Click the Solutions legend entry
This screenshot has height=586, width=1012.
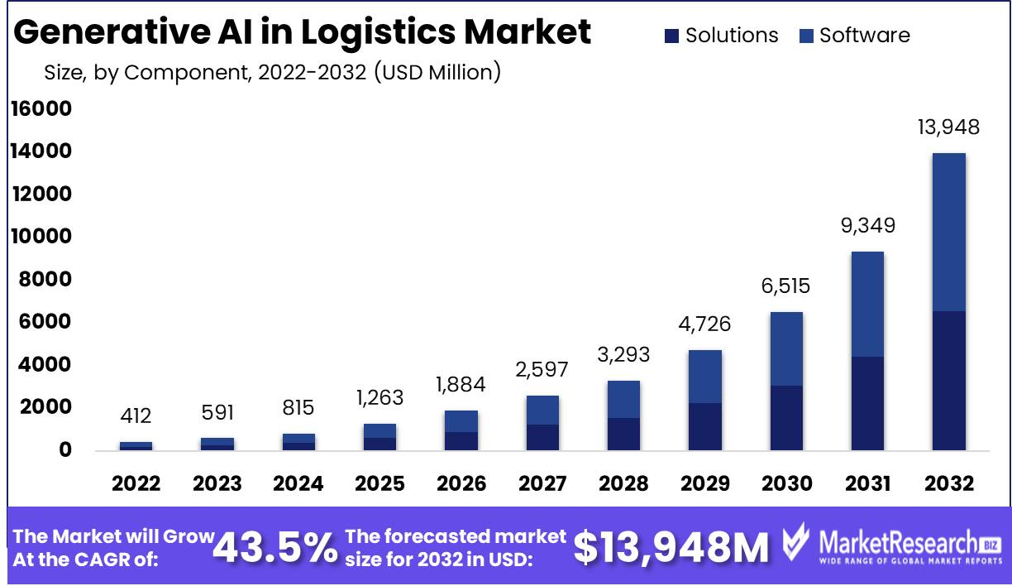pos(721,36)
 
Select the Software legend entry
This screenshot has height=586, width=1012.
pos(855,36)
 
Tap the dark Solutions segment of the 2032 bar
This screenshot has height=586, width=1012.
pos(948,381)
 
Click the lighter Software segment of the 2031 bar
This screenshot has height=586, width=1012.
pos(867,304)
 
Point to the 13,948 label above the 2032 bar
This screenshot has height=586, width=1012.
pos(948,127)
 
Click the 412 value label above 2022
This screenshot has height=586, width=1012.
pos(136,415)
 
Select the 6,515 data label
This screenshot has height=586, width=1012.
pos(785,286)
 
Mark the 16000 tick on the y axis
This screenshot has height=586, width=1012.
pos(41,109)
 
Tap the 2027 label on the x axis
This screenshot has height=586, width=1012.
pos(542,483)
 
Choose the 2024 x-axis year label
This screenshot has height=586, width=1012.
pos(298,483)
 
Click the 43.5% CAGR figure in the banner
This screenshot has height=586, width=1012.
pos(275,547)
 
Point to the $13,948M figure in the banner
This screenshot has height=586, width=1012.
pos(671,547)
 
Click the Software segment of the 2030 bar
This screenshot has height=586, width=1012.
pos(785,348)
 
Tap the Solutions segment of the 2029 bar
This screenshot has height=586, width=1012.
pos(704,426)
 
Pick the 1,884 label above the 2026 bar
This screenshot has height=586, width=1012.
pos(461,385)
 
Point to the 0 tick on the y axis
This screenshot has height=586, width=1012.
pos(64,450)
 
